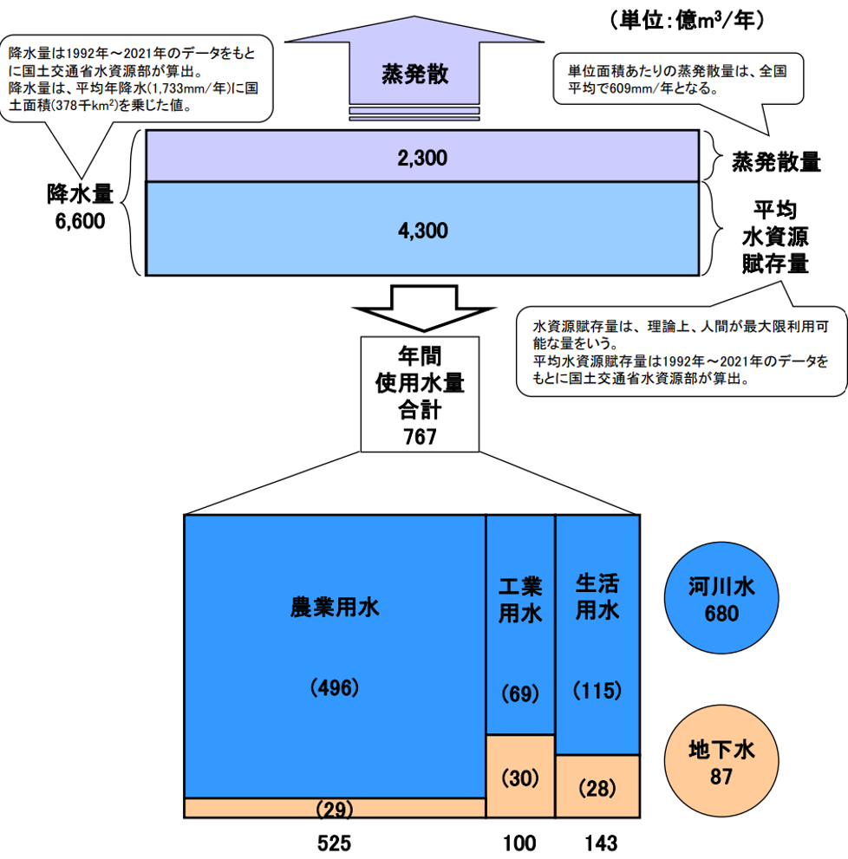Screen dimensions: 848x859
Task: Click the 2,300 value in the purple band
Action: pyautogui.click(x=422, y=159)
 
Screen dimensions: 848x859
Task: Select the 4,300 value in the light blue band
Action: pyautogui.click(x=422, y=231)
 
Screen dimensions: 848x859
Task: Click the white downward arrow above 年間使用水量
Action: pyautogui.click(x=424, y=308)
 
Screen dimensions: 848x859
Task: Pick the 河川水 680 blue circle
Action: pyautogui.click(x=721, y=598)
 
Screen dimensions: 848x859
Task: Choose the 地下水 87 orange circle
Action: pyautogui.click(x=721, y=760)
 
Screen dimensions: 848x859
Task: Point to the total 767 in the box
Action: pyautogui.click(x=420, y=437)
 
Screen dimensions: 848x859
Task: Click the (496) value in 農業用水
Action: pyautogui.click(x=335, y=687)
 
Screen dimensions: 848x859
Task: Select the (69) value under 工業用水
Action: pyautogui.click(x=520, y=693)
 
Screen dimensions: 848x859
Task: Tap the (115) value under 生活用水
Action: pyautogui.click(x=597, y=690)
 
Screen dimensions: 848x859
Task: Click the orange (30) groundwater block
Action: pyautogui.click(x=520, y=777)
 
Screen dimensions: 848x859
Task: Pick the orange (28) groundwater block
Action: pyautogui.click(x=597, y=787)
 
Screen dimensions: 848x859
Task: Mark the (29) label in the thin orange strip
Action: pyautogui.click(x=335, y=809)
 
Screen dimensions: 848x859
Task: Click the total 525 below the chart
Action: pyautogui.click(x=334, y=843)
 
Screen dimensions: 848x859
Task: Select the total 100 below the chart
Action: pyautogui.click(x=519, y=843)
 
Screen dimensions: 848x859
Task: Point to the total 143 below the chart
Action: pyautogui.click(x=601, y=843)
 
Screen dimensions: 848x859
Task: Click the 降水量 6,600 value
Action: pyautogui.click(x=80, y=221)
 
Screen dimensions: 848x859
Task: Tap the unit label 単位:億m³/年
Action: pyautogui.click(x=687, y=21)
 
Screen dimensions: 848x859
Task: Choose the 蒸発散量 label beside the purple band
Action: pyautogui.click(x=776, y=162)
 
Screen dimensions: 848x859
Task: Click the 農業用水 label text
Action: pyautogui.click(x=335, y=607)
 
